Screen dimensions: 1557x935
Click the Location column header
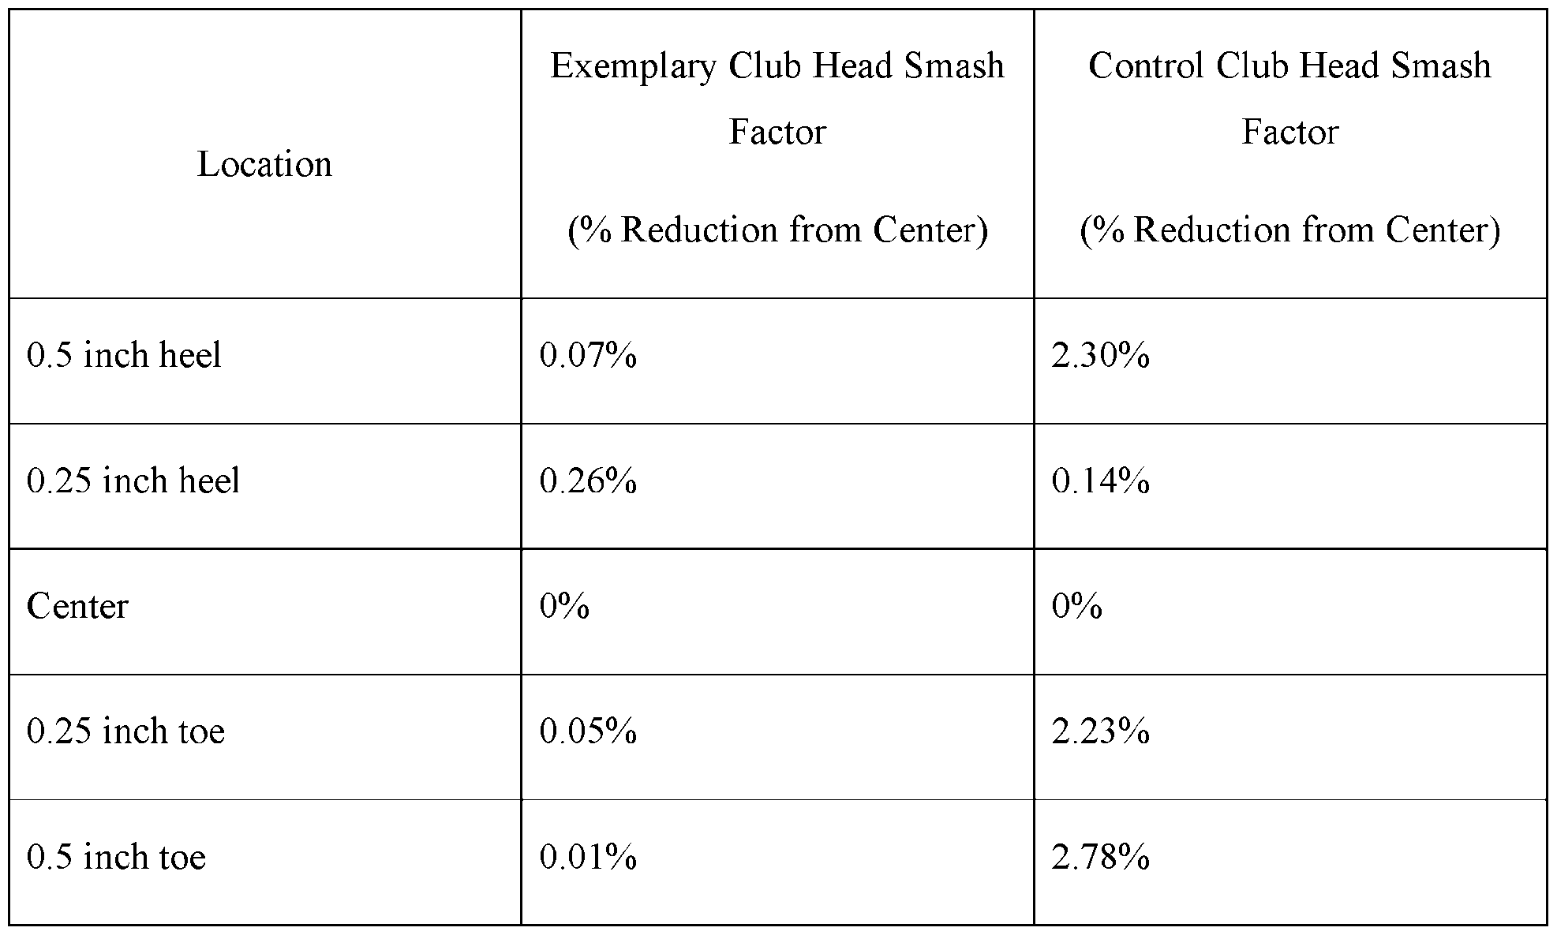(x=264, y=164)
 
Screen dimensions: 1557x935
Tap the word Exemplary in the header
(x=633, y=67)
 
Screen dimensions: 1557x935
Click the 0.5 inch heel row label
(x=124, y=355)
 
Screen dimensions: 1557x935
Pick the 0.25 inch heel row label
(x=133, y=481)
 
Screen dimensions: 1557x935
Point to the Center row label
(x=77, y=606)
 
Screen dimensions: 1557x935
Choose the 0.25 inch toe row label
(x=126, y=731)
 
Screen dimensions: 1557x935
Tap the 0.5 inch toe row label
(x=117, y=857)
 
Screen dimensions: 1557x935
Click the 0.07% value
(x=588, y=355)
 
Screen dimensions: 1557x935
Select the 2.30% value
(x=1100, y=355)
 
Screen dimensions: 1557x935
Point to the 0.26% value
(x=588, y=481)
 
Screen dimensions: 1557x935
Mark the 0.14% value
(x=1100, y=481)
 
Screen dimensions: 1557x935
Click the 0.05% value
(x=588, y=731)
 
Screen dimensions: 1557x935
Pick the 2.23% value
(x=1100, y=731)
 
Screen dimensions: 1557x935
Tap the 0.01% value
(x=588, y=857)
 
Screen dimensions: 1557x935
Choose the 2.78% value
(x=1100, y=857)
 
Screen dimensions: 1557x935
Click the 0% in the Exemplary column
(x=564, y=606)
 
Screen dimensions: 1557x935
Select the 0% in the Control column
(x=1076, y=606)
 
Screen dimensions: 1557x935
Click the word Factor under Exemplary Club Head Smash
(x=777, y=131)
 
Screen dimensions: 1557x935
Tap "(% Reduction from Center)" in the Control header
(x=1290, y=230)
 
